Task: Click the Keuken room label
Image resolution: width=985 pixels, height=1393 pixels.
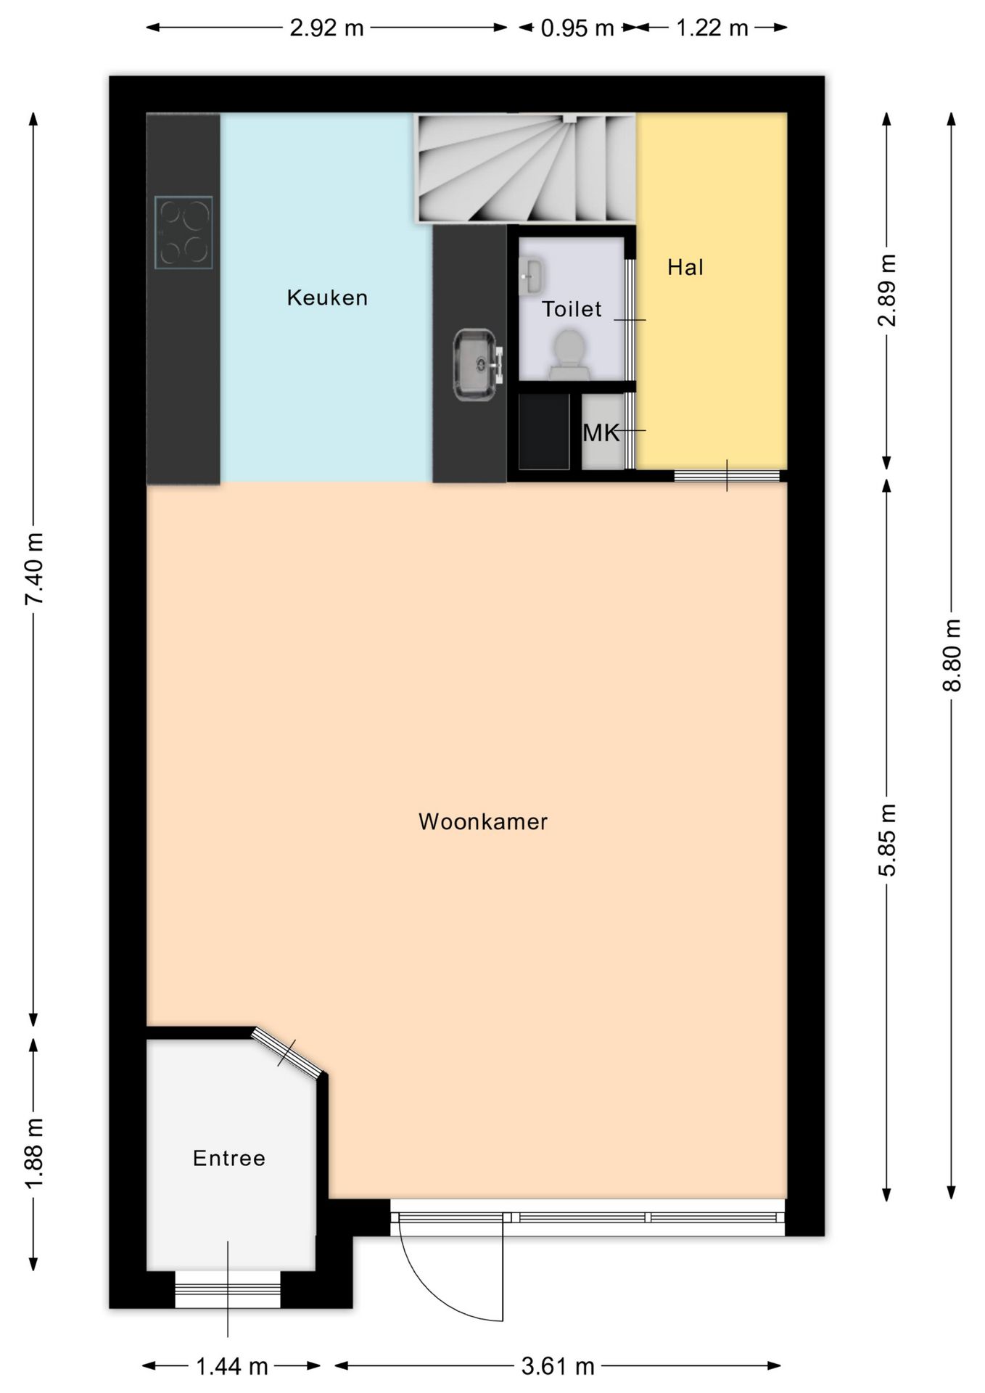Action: pyautogui.click(x=327, y=297)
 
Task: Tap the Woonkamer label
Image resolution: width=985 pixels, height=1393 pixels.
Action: pyautogui.click(x=483, y=821)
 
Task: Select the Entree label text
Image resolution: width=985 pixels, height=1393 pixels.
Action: pyautogui.click(x=229, y=1158)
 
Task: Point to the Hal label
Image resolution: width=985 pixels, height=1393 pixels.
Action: pyautogui.click(x=685, y=268)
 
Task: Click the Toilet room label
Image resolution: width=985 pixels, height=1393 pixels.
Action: pyautogui.click(x=572, y=310)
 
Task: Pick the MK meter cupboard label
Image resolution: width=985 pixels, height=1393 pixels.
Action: pyautogui.click(x=601, y=433)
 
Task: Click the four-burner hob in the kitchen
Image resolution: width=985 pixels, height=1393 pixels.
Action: pyautogui.click(x=184, y=232)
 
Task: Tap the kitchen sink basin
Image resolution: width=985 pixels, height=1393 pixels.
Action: pyautogui.click(x=477, y=364)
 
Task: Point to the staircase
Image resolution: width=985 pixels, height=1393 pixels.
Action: pyautogui.click(x=525, y=168)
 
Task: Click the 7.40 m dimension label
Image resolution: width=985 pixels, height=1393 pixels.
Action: pyautogui.click(x=35, y=568)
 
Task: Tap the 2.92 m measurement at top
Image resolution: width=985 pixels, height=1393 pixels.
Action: pyautogui.click(x=326, y=28)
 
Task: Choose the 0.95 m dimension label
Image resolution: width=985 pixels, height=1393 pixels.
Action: pyautogui.click(x=577, y=28)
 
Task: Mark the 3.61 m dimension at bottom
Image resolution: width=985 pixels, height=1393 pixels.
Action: pyautogui.click(x=558, y=1367)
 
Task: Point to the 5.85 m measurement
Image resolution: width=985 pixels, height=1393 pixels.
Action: pyautogui.click(x=888, y=840)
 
